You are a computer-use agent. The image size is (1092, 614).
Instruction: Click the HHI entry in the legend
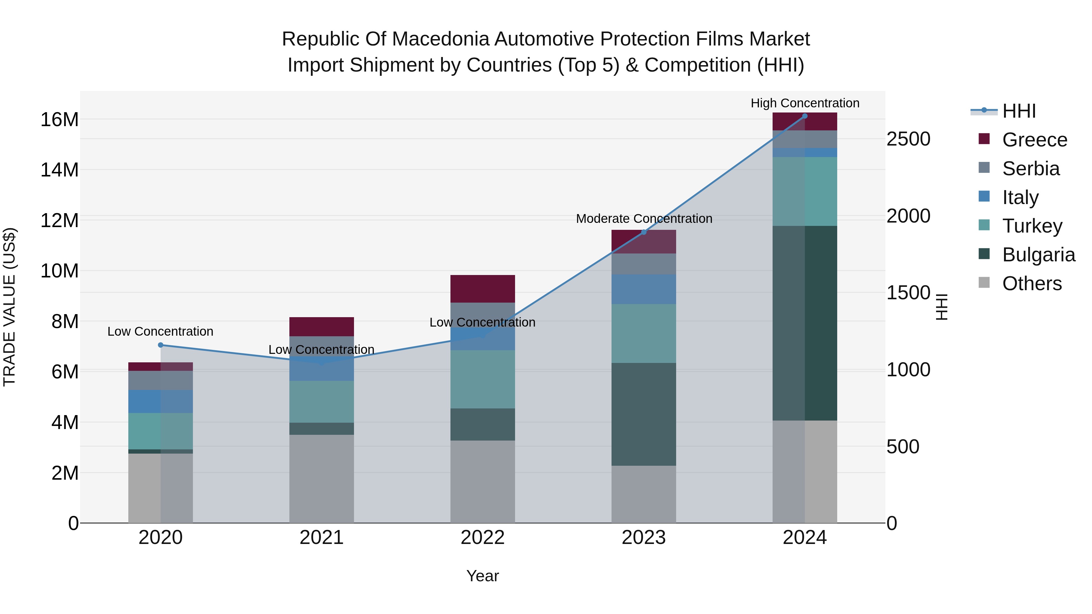(x=1018, y=111)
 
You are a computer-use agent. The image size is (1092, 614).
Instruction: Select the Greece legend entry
(x=1034, y=140)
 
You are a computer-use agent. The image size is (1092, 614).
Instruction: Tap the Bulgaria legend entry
(x=1038, y=255)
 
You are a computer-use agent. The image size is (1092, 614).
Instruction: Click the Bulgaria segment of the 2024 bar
(x=804, y=323)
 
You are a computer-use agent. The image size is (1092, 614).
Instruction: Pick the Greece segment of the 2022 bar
(x=482, y=289)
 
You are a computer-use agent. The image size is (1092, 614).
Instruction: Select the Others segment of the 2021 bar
(x=321, y=478)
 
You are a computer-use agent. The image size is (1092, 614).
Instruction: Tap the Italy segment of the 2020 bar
(x=160, y=401)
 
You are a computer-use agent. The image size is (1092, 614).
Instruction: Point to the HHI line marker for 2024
(x=804, y=116)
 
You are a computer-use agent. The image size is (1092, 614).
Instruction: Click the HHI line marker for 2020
(x=160, y=345)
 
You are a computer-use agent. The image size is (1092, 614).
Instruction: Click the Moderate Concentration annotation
(x=643, y=219)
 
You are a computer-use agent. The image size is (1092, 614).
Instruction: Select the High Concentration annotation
(x=804, y=103)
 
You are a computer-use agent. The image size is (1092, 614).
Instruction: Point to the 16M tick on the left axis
(x=59, y=120)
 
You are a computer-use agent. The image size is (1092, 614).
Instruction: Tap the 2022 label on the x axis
(x=482, y=538)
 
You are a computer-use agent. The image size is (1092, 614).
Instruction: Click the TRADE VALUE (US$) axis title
(x=9, y=307)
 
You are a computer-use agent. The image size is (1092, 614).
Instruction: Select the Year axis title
(x=482, y=576)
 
